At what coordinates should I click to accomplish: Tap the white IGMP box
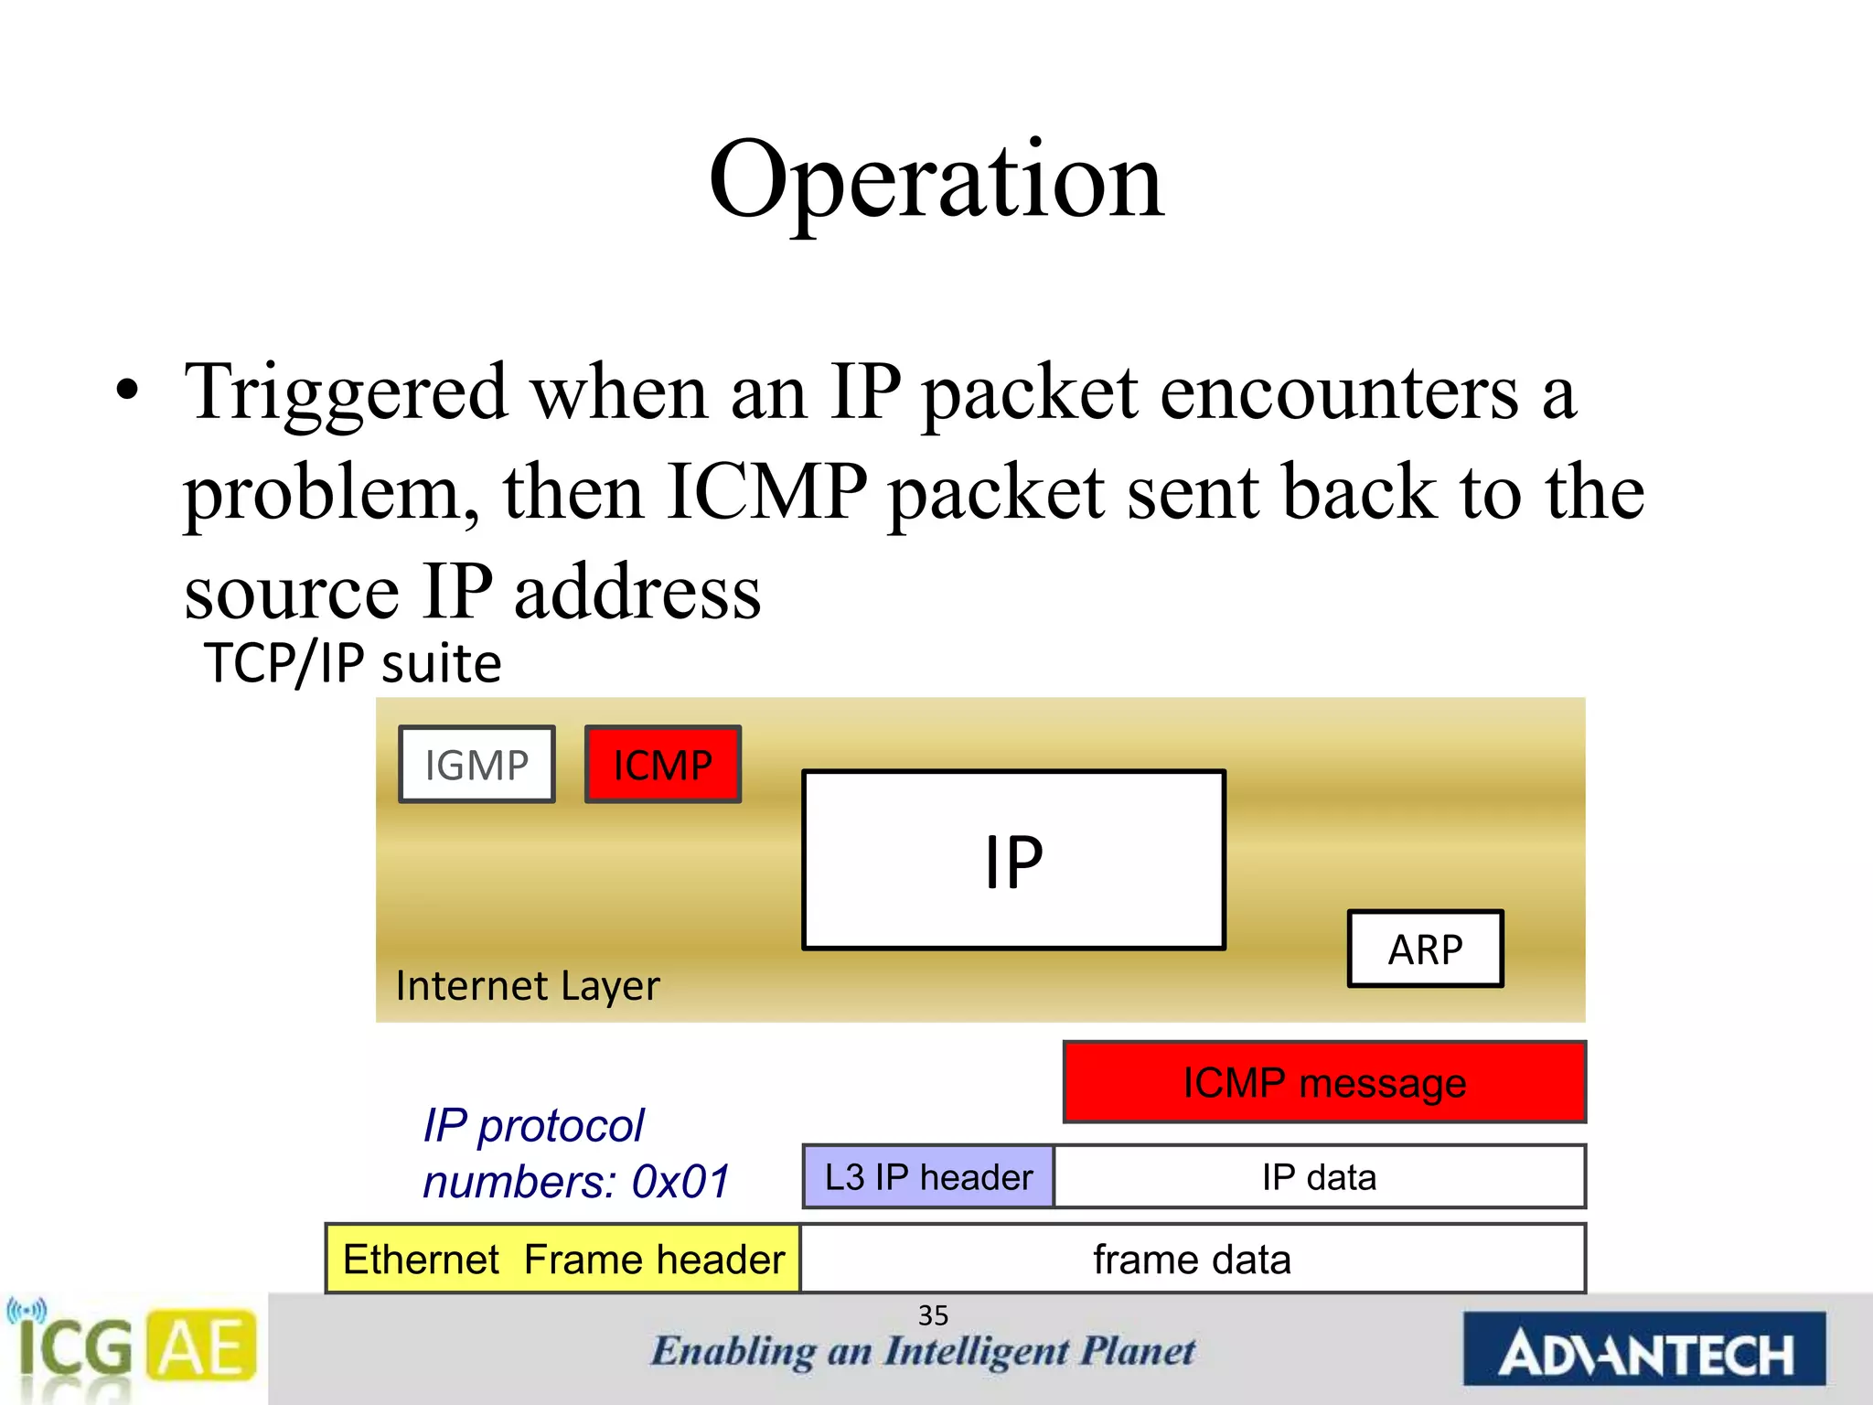point(476,765)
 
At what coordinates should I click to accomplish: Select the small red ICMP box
point(663,765)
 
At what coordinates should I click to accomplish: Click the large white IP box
point(1013,861)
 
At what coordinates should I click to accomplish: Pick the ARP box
point(1425,949)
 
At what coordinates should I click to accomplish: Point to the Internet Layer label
point(528,986)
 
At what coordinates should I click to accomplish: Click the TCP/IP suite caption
point(353,663)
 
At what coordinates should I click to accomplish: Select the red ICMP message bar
point(1324,1082)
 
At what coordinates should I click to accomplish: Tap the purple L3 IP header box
point(928,1176)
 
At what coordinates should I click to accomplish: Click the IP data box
point(1319,1176)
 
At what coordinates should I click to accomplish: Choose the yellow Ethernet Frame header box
point(563,1260)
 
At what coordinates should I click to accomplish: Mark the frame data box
point(1192,1260)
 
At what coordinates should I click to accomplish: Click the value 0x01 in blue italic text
point(681,1182)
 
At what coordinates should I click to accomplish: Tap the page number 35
point(933,1315)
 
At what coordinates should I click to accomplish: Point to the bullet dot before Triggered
point(128,391)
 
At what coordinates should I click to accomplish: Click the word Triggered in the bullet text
point(346,393)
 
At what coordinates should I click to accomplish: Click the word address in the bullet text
point(637,593)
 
